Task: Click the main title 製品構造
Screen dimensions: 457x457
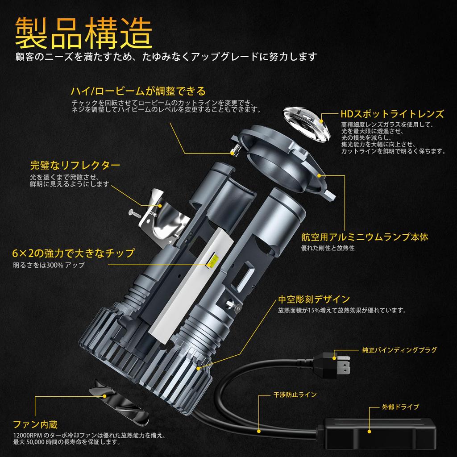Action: pyautogui.click(x=84, y=33)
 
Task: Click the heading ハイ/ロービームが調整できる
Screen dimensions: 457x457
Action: pyautogui.click(x=138, y=91)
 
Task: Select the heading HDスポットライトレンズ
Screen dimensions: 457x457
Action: pyautogui.click(x=392, y=114)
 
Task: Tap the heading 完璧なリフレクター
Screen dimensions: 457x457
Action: pyautogui.click(x=75, y=166)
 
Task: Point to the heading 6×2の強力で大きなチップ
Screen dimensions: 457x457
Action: pyautogui.click(x=73, y=253)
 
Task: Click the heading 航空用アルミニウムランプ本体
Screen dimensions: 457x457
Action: pyautogui.click(x=365, y=237)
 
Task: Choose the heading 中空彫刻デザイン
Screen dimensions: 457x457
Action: pyautogui.click(x=314, y=299)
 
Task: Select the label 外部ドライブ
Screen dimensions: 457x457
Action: pyautogui.click(x=394, y=407)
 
